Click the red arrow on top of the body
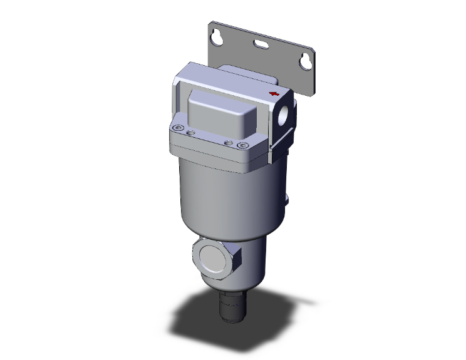point(274,94)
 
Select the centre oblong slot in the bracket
point(259,44)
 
